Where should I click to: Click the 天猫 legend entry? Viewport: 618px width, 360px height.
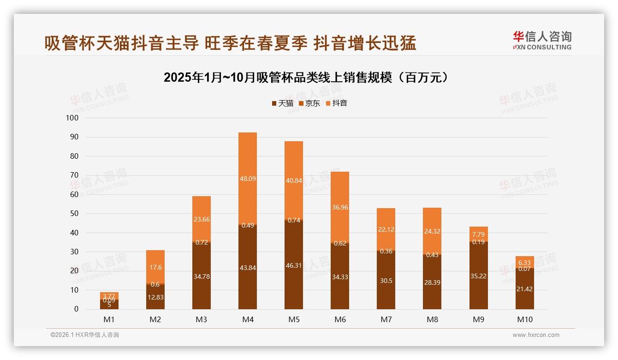[282, 103]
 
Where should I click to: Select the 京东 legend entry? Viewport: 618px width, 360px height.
[309, 103]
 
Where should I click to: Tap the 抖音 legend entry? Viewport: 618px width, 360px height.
[336, 103]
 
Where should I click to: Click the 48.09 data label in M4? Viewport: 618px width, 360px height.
[248, 178]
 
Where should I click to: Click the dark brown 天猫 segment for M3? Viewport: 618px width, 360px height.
[202, 277]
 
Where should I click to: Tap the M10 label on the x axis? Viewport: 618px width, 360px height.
[524, 319]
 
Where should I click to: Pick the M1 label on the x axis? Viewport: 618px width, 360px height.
[109, 319]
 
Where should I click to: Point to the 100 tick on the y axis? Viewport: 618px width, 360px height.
[72, 118]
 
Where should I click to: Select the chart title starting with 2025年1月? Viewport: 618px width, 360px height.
[306, 78]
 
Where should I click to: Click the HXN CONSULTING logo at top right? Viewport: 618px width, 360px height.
[542, 41]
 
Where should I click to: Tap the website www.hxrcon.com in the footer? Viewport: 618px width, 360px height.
[536, 335]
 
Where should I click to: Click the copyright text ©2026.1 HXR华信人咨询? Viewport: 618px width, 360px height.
[85, 335]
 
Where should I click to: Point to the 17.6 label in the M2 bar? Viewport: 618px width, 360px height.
[155, 268]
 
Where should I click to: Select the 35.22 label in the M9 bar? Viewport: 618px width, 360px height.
[478, 276]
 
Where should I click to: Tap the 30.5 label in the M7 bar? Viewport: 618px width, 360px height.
[386, 281]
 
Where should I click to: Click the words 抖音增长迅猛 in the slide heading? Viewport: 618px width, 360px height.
[365, 43]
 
